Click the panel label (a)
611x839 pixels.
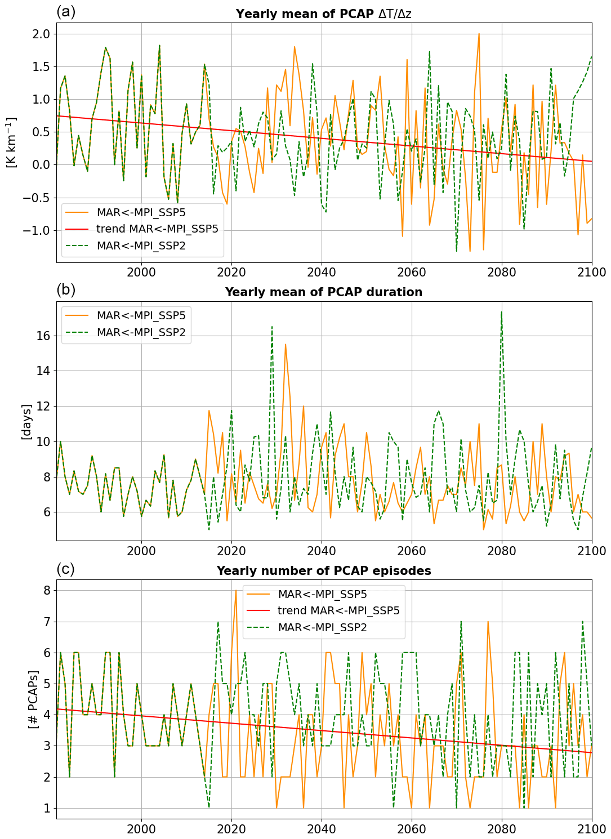coord(66,12)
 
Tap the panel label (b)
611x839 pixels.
coord(66,290)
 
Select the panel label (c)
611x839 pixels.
coord(65,569)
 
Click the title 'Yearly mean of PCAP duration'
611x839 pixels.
coord(323,292)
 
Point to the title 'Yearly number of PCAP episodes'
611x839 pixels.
coord(323,571)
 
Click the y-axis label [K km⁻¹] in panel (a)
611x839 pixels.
coord(12,142)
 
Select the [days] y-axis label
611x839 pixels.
coord(26,421)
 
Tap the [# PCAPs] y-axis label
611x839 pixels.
coord(33,699)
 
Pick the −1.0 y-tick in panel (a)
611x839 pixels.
coord(38,230)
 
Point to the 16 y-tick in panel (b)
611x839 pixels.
coord(43,336)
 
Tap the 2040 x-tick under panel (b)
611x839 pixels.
coord(321,550)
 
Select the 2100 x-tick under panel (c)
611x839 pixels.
coord(592,829)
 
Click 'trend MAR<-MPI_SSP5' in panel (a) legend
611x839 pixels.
coord(157,229)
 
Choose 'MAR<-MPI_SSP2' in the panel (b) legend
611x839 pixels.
coord(141,332)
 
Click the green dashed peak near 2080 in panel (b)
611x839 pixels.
coord(501,311)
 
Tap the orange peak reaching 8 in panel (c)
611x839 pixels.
coord(236,591)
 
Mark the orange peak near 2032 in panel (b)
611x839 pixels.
coord(286,344)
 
